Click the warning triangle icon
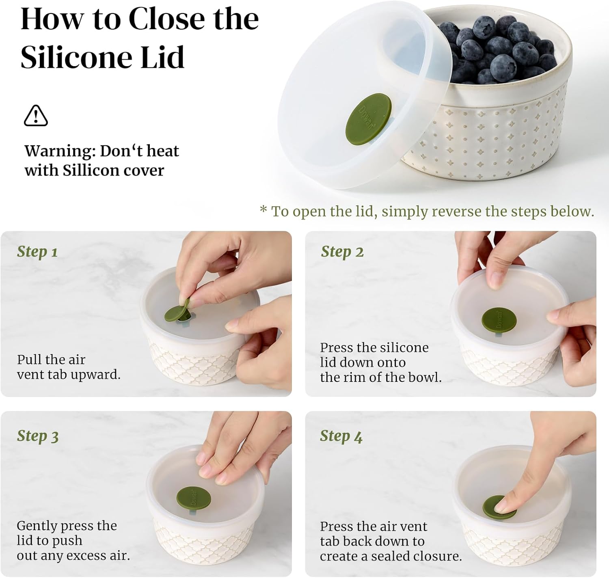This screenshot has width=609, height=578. (x=36, y=116)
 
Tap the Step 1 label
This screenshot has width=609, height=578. (x=37, y=252)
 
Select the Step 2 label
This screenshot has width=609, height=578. (x=342, y=252)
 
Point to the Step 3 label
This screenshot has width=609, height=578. (x=37, y=436)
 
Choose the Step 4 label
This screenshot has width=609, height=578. (x=341, y=436)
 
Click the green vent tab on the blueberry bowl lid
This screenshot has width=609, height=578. (x=368, y=119)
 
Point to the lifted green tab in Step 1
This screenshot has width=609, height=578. (x=177, y=311)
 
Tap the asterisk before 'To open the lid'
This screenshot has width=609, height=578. (x=263, y=209)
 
